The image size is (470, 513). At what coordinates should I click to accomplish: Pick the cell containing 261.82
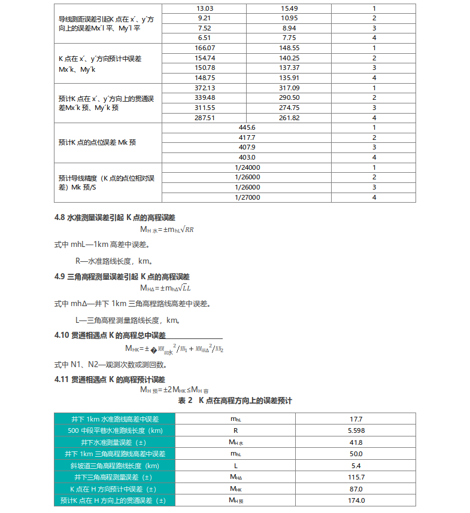coord(289,118)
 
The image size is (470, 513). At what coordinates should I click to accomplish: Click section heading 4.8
coord(119,217)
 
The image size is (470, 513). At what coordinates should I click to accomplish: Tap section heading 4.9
coord(122,277)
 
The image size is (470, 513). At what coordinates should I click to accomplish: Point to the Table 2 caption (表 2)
coord(235,400)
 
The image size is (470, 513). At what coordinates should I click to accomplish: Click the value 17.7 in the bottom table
coord(359,419)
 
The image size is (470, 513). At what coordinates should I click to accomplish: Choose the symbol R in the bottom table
coord(236,430)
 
